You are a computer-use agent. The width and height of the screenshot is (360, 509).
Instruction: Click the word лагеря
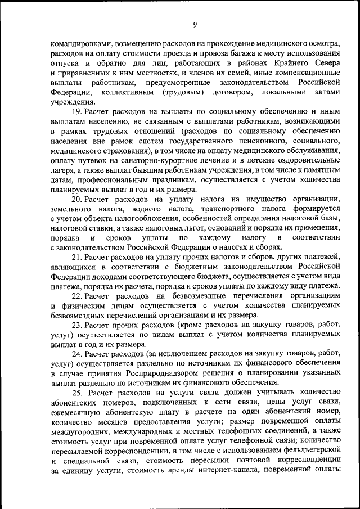point(62,169)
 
